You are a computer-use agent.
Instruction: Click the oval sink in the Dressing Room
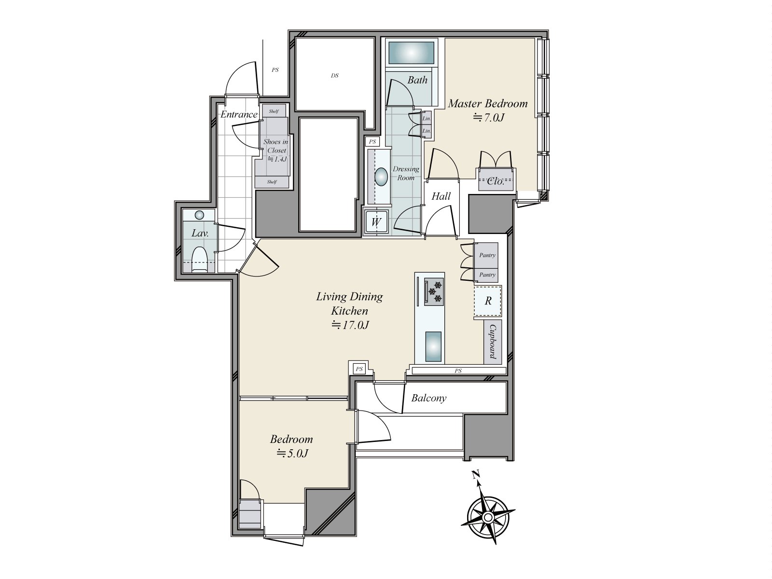point(381,177)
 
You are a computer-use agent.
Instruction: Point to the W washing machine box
point(376,222)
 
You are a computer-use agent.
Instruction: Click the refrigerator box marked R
point(488,301)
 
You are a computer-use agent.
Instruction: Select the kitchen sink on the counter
point(433,346)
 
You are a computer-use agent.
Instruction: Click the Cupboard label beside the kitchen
point(493,341)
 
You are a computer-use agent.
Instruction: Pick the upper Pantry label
point(487,255)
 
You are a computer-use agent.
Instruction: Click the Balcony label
point(428,398)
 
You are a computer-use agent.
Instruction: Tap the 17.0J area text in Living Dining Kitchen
point(350,325)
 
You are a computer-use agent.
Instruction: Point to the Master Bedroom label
point(488,103)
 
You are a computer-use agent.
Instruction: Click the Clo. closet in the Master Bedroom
point(496,181)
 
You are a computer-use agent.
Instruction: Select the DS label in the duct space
point(334,76)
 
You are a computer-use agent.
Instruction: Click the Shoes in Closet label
point(276,146)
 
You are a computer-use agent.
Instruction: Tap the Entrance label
point(239,114)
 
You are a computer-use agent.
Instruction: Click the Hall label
point(441,196)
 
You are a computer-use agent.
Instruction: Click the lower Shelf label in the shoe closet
point(272,182)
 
